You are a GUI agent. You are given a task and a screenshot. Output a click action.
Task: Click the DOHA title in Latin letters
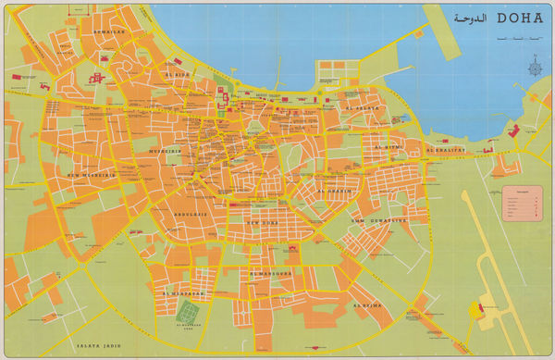pyautogui.click(x=520, y=18)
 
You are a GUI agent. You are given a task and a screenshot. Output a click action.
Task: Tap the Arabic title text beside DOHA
pyautogui.click(x=470, y=18)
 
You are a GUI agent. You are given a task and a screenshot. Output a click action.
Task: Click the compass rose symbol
pyautogui.click(x=534, y=66)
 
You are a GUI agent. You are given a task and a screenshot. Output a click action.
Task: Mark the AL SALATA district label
pyautogui.click(x=361, y=108)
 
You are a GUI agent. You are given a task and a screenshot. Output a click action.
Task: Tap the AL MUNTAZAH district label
pyautogui.click(x=179, y=292)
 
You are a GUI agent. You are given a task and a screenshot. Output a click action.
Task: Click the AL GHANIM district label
pyautogui.click(x=334, y=192)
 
